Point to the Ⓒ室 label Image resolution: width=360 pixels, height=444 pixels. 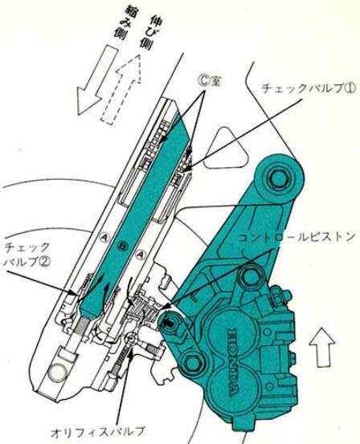[210, 82]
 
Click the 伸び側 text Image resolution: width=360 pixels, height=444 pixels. [148, 32]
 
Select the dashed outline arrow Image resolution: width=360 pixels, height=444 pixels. [121, 89]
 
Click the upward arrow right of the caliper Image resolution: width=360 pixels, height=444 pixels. [321, 348]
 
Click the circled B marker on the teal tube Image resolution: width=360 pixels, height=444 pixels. [123, 246]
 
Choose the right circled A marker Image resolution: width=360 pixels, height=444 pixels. [140, 255]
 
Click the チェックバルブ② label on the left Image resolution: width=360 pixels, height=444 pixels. [27, 255]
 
